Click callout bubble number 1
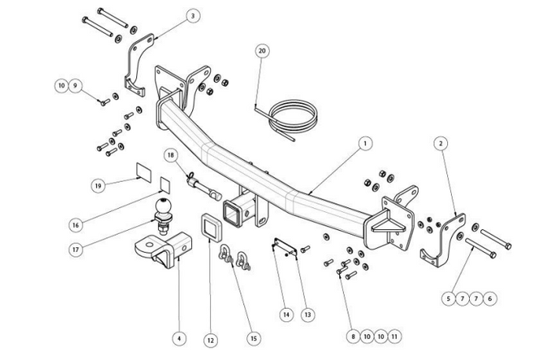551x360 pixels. click(x=364, y=144)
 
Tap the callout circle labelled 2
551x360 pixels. click(x=442, y=143)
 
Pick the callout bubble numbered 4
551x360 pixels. click(x=180, y=338)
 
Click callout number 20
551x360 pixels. click(x=262, y=50)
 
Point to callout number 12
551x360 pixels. click(x=209, y=340)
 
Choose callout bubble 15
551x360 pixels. click(x=253, y=338)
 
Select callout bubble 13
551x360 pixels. click(x=307, y=314)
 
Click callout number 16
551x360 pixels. click(x=75, y=225)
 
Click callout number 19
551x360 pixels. click(x=98, y=186)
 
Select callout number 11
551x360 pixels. click(x=395, y=336)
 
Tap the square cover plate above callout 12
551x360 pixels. click(x=210, y=228)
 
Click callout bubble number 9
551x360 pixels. click(x=76, y=85)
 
